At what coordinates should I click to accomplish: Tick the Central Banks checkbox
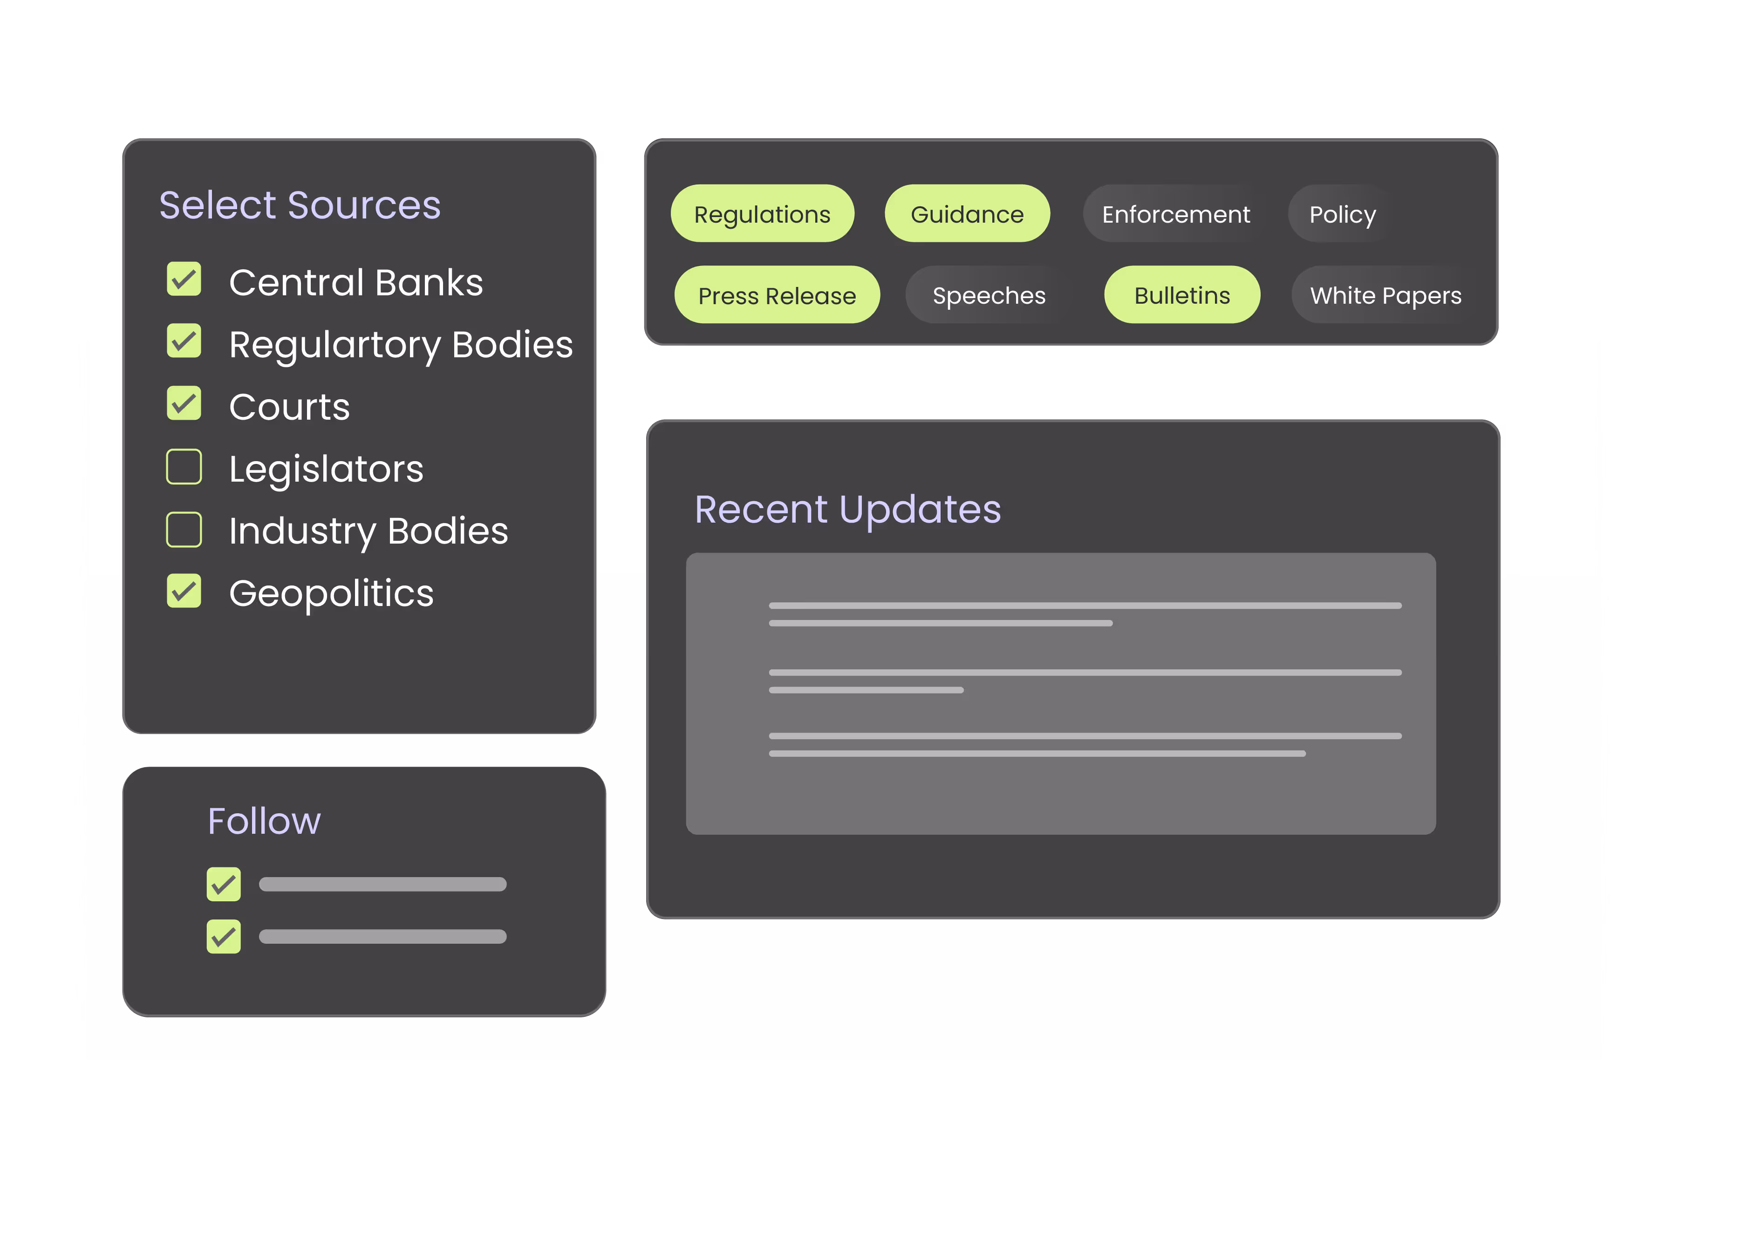click(184, 279)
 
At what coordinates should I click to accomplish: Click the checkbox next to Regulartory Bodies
click(184, 341)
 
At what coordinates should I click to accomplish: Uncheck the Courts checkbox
click(184, 403)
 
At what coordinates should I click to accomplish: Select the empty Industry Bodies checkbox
click(184, 530)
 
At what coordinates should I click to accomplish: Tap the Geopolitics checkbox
click(184, 592)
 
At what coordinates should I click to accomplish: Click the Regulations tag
click(762, 214)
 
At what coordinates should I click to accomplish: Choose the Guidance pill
click(967, 214)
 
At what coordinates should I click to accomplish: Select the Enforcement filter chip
click(1175, 214)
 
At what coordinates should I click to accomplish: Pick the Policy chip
click(1342, 214)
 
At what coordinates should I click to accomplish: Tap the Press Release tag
click(777, 295)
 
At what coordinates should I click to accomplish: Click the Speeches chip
click(988, 295)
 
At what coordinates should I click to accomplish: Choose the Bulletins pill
click(1181, 295)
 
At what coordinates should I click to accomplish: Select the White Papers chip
click(1385, 295)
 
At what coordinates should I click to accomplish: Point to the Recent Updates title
click(847, 510)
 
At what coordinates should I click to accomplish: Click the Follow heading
click(264, 821)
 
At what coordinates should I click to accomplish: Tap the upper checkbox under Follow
click(223, 885)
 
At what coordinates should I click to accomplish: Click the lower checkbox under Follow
click(223, 937)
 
